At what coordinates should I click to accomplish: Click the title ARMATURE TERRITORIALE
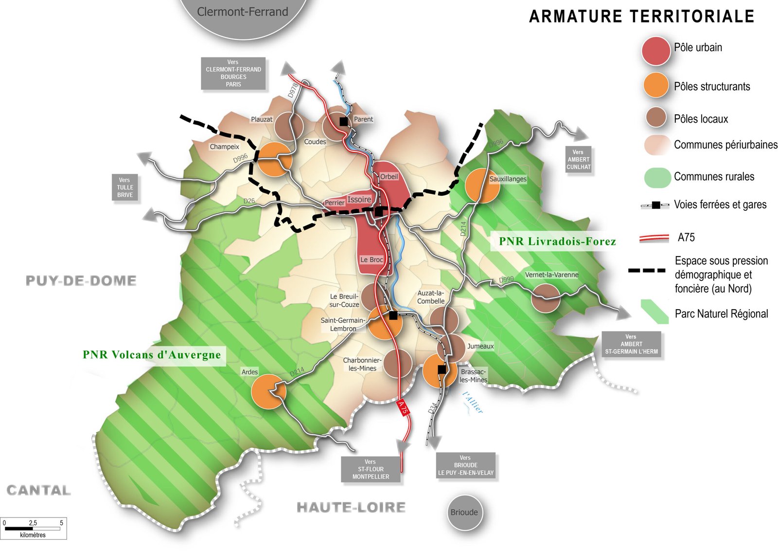click(x=641, y=17)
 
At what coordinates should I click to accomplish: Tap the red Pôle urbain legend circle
click(x=656, y=51)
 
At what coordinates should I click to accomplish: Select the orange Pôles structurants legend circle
click(x=656, y=85)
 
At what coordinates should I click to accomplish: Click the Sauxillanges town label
click(x=508, y=179)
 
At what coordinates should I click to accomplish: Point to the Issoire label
click(x=359, y=200)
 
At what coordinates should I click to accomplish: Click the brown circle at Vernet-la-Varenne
click(x=546, y=298)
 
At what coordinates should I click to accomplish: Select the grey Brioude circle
click(x=464, y=513)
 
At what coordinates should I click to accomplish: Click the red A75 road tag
click(x=403, y=407)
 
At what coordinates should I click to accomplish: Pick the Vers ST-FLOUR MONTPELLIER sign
click(x=371, y=469)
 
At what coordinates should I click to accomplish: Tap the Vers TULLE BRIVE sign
click(x=125, y=187)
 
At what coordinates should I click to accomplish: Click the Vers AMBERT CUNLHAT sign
click(x=578, y=160)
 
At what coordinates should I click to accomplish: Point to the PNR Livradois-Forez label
click(x=557, y=241)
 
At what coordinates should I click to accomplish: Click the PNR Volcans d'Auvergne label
click(x=152, y=355)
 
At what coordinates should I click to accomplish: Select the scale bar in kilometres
click(x=33, y=528)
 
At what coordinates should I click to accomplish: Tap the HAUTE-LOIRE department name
click(x=351, y=508)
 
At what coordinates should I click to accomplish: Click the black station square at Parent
click(x=344, y=122)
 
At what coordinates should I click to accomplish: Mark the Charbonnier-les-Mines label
click(x=362, y=364)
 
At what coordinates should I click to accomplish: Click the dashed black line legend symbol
click(x=647, y=270)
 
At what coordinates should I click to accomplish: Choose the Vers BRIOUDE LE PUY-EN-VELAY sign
click(x=465, y=465)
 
